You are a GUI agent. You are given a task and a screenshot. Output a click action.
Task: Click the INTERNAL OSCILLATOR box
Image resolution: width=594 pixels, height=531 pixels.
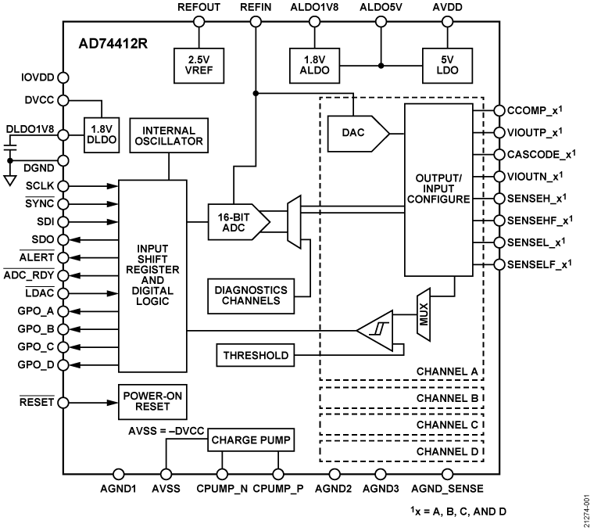tap(169, 135)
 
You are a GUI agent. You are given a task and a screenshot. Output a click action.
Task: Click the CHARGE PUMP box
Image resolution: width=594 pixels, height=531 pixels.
tap(250, 441)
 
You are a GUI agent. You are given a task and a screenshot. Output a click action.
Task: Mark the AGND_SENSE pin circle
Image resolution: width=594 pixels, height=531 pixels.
tap(447, 473)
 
